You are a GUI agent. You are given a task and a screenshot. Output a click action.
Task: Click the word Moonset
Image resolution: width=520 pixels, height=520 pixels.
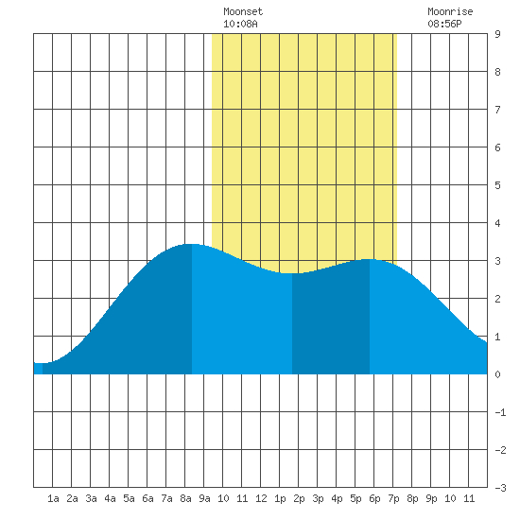point(243,11)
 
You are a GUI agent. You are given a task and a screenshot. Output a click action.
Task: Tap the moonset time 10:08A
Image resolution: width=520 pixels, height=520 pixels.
point(240,24)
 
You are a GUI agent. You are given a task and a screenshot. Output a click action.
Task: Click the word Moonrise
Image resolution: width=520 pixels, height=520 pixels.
point(450,11)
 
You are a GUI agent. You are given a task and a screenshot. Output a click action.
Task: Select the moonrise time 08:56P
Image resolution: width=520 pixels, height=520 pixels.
point(444,24)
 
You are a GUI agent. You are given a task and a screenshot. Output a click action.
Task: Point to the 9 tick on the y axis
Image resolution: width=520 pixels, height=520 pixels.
point(497,34)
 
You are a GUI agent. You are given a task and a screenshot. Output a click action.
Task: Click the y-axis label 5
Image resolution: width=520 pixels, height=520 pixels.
point(497,185)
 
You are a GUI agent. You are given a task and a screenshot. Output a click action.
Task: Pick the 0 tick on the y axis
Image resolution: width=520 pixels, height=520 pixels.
point(497,374)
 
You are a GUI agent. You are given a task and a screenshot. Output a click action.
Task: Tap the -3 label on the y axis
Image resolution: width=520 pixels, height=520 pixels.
point(500,488)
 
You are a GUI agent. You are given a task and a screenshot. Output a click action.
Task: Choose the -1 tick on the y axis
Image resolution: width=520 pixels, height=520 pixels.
point(500,412)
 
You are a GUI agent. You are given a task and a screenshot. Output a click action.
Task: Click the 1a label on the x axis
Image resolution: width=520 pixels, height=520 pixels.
point(53,498)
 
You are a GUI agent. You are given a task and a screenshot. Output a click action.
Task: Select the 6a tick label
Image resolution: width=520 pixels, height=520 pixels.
point(147,498)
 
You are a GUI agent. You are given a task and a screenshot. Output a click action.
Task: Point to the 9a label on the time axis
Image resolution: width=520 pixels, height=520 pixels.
point(204,498)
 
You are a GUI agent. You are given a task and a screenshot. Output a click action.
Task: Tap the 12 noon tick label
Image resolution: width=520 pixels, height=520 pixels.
point(261,498)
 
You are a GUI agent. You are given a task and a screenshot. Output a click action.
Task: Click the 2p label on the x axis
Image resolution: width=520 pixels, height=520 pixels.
point(299,498)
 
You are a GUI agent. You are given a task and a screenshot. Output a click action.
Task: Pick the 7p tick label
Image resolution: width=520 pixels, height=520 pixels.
point(393,498)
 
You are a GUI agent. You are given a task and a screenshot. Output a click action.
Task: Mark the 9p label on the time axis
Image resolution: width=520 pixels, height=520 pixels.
point(431,498)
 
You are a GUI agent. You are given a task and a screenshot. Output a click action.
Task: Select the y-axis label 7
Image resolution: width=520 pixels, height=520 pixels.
point(497,110)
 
